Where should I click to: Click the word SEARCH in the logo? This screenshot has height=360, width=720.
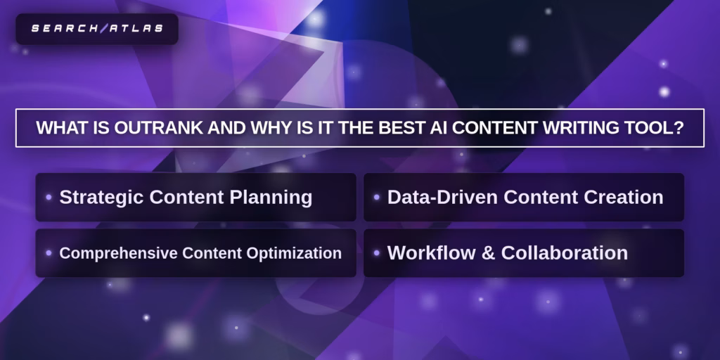click(65, 28)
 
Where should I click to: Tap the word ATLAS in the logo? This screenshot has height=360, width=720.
click(136, 28)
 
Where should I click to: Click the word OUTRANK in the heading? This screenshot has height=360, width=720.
click(159, 128)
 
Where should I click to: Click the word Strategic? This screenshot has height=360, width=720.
click(101, 198)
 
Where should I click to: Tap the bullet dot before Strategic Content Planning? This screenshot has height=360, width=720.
click(49, 198)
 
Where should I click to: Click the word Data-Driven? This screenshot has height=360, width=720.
click(443, 197)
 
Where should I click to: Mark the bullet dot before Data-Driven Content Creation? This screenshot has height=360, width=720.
click(377, 198)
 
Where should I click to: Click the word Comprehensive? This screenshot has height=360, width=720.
click(118, 253)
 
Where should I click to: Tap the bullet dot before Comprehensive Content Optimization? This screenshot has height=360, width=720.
click(49, 253)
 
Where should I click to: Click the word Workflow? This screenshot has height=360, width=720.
click(425, 253)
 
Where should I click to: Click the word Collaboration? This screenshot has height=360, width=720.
click(565, 253)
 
